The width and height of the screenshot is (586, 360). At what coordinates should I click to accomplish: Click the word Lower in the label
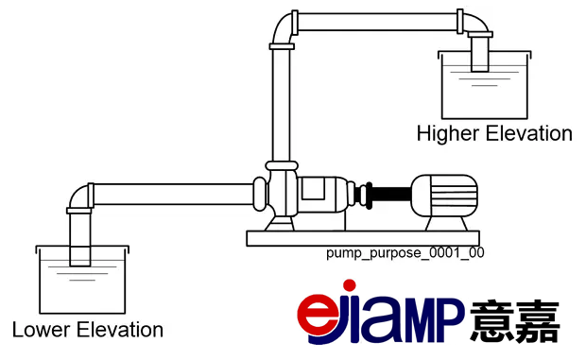pos(42,330)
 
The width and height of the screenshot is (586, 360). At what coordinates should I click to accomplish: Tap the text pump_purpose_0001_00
pos(405,253)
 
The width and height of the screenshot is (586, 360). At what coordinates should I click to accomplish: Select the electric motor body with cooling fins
pos(444,196)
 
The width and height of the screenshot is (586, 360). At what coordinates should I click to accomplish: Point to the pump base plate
pos(363,238)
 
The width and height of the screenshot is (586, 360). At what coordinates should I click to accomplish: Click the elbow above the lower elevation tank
pos(79,197)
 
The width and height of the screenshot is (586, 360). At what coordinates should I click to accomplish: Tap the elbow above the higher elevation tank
pos(475,24)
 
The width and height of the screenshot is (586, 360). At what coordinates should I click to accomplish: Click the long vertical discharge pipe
pos(281,105)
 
